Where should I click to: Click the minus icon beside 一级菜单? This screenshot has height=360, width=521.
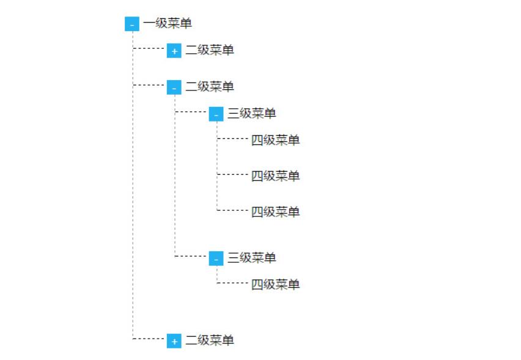click(x=132, y=24)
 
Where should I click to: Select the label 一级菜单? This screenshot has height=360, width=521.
click(x=168, y=24)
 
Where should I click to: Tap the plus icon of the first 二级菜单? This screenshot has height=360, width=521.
click(x=174, y=51)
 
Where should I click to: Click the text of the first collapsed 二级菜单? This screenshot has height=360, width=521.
click(x=210, y=50)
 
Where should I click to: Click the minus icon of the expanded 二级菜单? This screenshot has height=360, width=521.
click(x=174, y=87)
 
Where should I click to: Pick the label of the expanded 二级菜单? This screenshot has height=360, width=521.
click(x=210, y=87)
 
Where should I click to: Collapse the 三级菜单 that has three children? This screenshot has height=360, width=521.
click(x=216, y=114)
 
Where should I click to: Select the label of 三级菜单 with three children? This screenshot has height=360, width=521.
click(x=252, y=113)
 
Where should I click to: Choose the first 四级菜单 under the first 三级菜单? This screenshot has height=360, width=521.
click(x=275, y=140)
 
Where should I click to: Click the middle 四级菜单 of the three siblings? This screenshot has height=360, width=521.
click(x=275, y=175)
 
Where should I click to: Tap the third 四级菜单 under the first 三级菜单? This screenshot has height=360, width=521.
click(x=275, y=211)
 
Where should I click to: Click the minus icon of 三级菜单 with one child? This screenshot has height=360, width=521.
click(x=216, y=259)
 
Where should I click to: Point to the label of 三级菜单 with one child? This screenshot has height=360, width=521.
click(x=252, y=258)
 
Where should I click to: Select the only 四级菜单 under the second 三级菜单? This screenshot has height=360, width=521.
click(x=275, y=284)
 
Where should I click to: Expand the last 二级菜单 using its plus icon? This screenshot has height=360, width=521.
click(x=174, y=340)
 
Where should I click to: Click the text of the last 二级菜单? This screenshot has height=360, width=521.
click(x=210, y=340)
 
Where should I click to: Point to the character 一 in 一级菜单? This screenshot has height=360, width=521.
click(x=149, y=24)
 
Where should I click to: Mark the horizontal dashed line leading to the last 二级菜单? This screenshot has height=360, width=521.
click(x=149, y=339)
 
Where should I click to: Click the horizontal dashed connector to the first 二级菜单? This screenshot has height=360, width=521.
click(x=149, y=48)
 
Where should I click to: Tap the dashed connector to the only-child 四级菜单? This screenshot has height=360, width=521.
click(x=232, y=283)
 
